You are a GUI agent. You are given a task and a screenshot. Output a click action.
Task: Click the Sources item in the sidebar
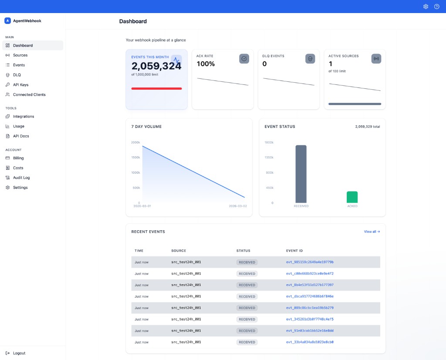(x=20, y=55)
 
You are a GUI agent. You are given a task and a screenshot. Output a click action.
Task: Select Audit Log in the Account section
(x=21, y=178)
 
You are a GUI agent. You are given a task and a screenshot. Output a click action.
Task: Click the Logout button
(x=19, y=353)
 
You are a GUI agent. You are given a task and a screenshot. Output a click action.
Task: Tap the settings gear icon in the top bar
(x=426, y=7)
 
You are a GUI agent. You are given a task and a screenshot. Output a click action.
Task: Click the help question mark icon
(x=437, y=7)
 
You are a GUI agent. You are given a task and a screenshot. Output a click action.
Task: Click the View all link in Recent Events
(x=372, y=232)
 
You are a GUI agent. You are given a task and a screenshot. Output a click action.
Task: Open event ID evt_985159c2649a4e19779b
(x=310, y=262)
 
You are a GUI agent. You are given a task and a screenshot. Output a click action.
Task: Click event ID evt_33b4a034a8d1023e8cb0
(x=310, y=342)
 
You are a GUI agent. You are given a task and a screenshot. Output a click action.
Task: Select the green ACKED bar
(x=352, y=197)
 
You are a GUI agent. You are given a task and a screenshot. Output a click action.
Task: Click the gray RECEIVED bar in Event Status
(x=301, y=174)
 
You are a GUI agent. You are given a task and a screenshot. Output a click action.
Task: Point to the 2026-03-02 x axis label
(x=238, y=206)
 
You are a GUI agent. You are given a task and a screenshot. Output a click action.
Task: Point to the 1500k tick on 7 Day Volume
(x=135, y=158)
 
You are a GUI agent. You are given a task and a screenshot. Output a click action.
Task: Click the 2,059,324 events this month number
(x=156, y=66)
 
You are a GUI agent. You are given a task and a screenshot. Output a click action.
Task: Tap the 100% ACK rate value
(x=206, y=64)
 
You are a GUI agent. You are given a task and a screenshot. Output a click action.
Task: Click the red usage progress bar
(x=156, y=88)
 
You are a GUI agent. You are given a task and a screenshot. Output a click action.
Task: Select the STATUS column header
(x=243, y=251)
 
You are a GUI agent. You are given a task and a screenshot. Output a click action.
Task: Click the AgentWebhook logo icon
(x=7, y=20)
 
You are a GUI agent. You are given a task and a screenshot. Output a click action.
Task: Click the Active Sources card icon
(x=376, y=59)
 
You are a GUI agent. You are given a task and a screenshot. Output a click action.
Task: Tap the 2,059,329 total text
(x=367, y=127)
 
